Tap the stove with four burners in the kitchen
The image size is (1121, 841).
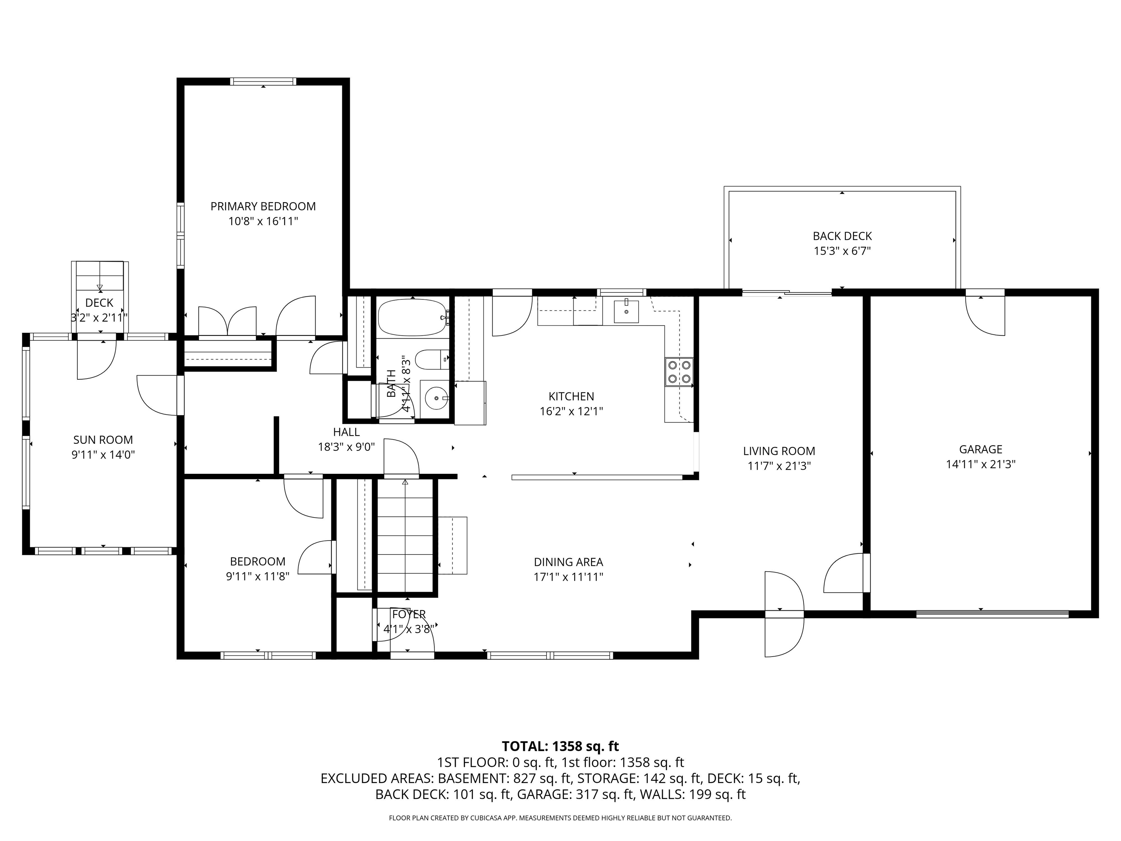click(x=679, y=371)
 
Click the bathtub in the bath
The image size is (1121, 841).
click(x=412, y=317)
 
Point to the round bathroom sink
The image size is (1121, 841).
click(x=435, y=399)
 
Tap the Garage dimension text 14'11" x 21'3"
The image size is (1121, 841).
click(x=980, y=464)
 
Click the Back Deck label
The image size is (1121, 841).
click(x=842, y=236)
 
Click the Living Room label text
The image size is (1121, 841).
click(x=779, y=451)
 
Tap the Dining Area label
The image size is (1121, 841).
click(x=568, y=562)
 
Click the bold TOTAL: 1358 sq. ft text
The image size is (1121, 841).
click(x=560, y=746)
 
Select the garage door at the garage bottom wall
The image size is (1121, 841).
click(x=992, y=614)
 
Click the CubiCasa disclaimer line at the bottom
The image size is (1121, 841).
click(x=560, y=818)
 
